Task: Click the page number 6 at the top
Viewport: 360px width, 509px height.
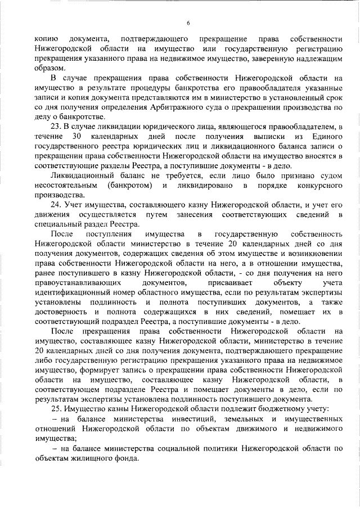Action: coord(188,22)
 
